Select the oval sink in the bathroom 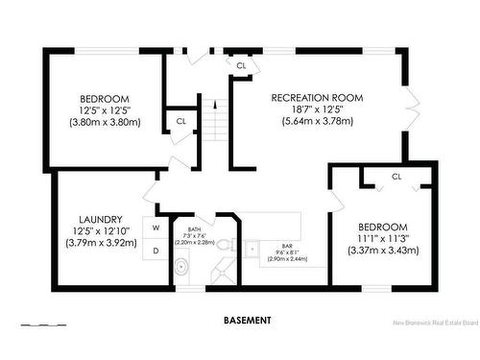point(181,270)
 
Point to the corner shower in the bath point(223,274)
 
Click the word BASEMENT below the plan point(247,320)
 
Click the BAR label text point(286,247)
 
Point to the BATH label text point(194,229)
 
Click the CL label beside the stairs point(180,121)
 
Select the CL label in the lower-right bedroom point(396,177)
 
